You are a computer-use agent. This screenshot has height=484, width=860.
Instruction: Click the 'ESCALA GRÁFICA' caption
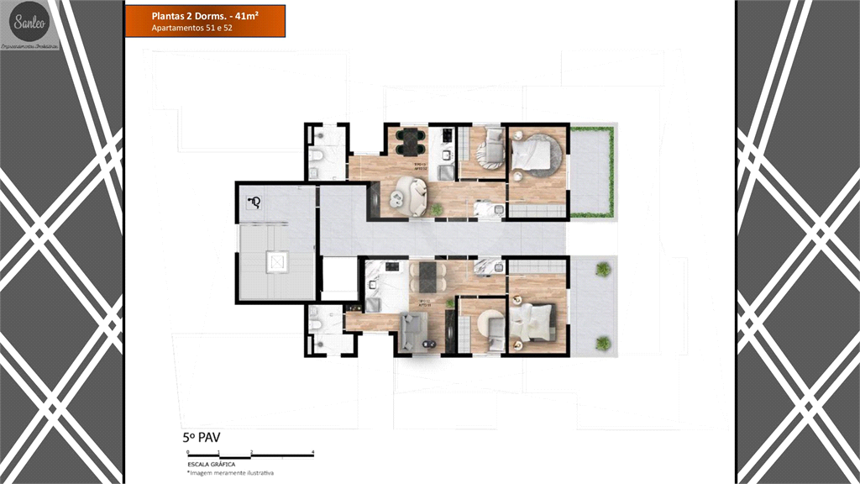[x=212, y=464]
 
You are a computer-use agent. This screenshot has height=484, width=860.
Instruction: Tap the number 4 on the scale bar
[x=313, y=453]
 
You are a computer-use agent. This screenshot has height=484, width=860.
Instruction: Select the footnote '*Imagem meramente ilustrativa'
[x=231, y=473]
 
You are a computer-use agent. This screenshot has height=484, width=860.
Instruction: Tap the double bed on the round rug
[x=538, y=156]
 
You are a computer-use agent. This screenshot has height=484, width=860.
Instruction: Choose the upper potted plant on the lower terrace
[x=603, y=269]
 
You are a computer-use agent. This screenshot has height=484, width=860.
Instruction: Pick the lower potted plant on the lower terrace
[x=603, y=343]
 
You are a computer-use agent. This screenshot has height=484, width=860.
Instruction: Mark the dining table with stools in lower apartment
[x=428, y=276]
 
